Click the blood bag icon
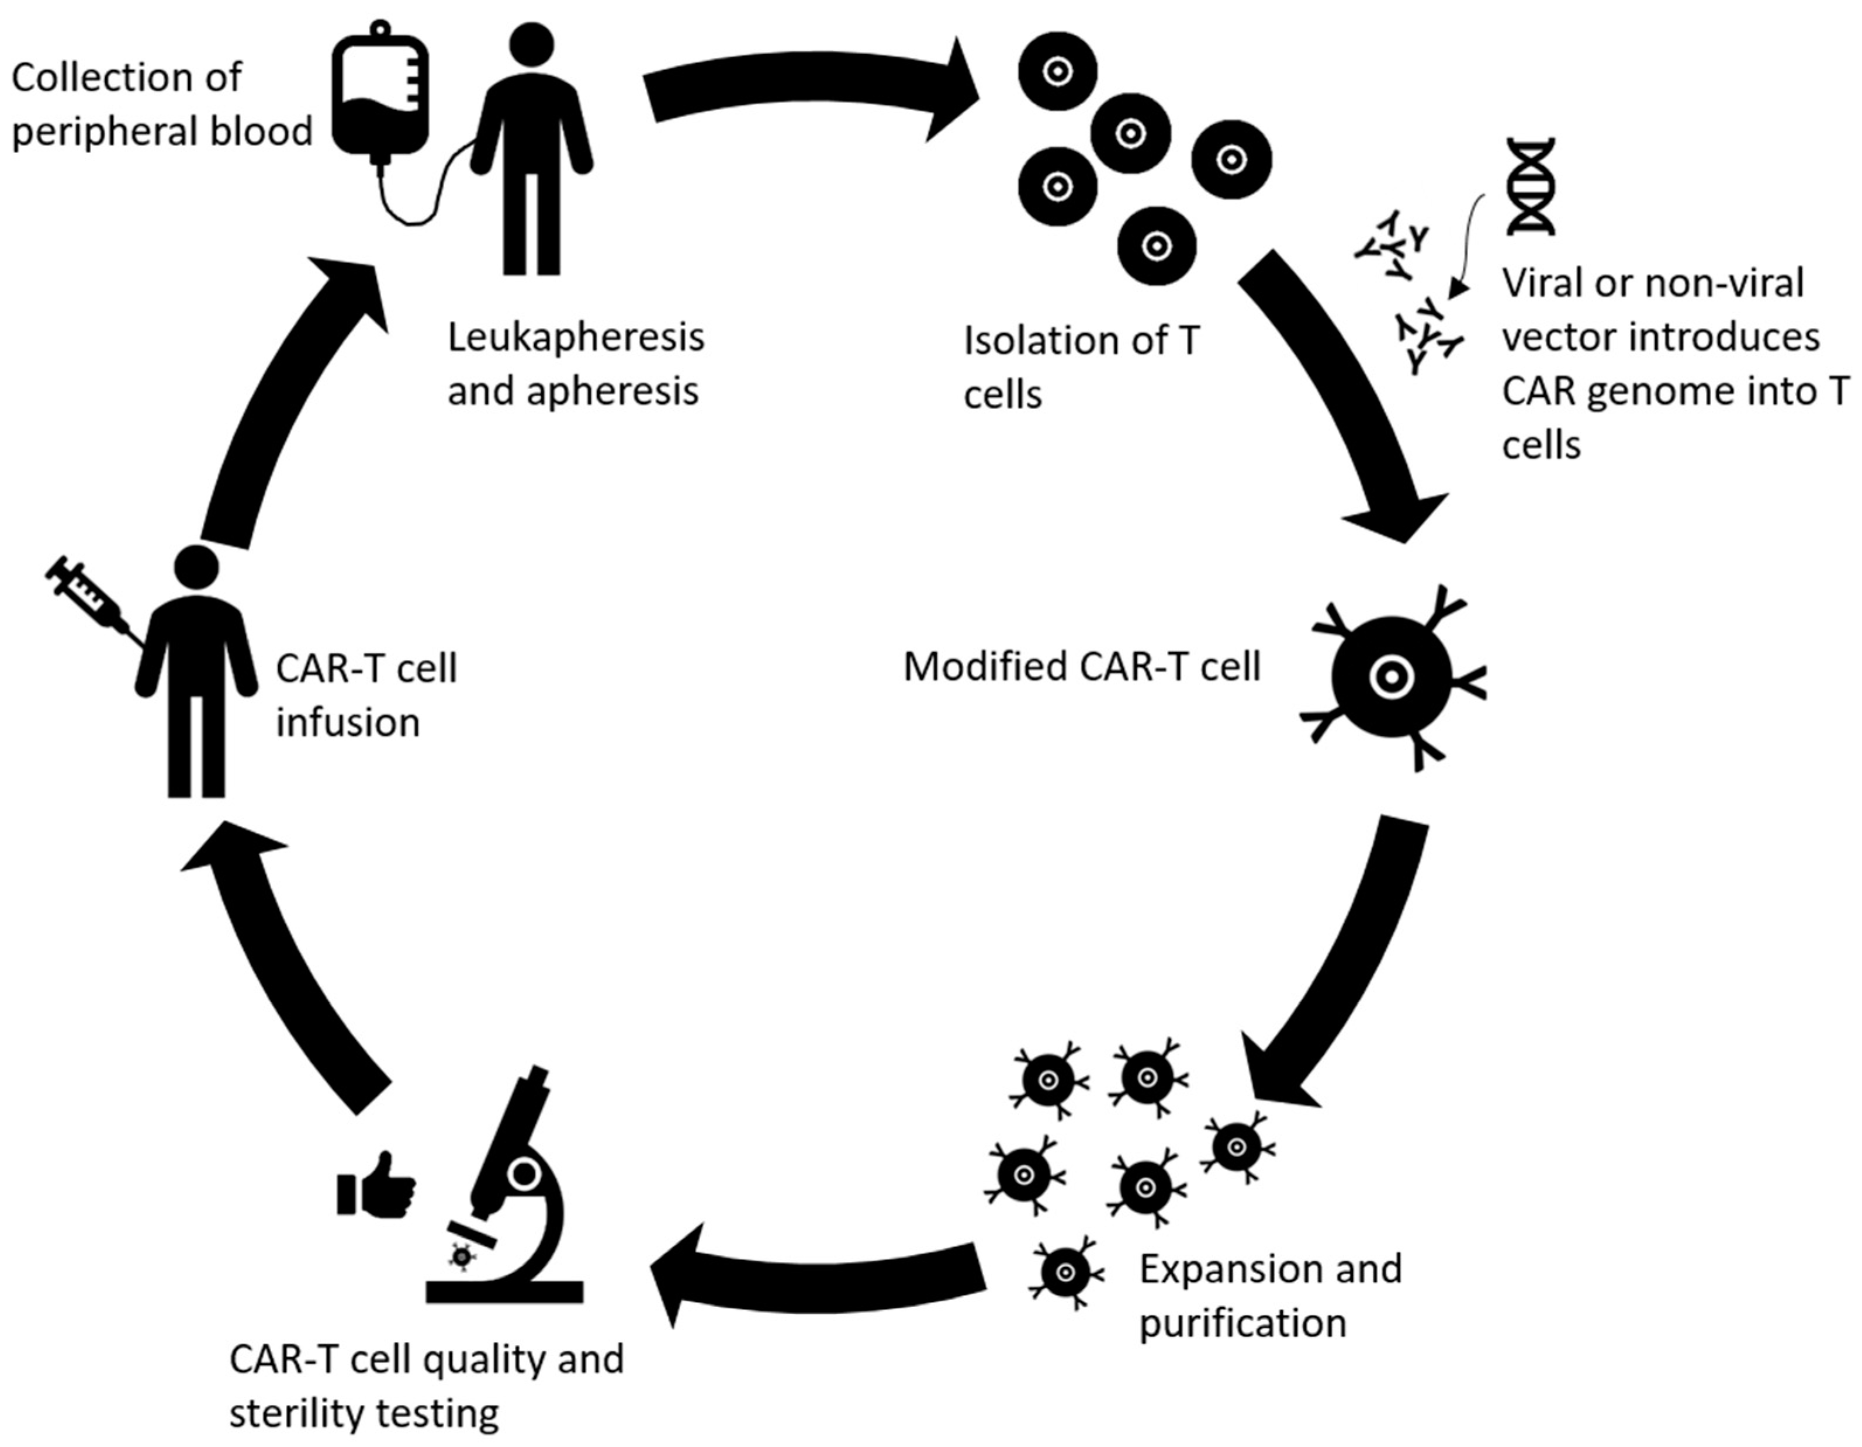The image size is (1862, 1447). point(379,89)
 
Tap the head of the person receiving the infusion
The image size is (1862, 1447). point(197,568)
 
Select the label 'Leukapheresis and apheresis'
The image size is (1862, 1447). point(576,364)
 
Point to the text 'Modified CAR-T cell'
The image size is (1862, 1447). point(1082,666)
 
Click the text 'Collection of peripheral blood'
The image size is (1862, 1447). point(162,104)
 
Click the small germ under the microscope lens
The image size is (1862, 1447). point(461,1256)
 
